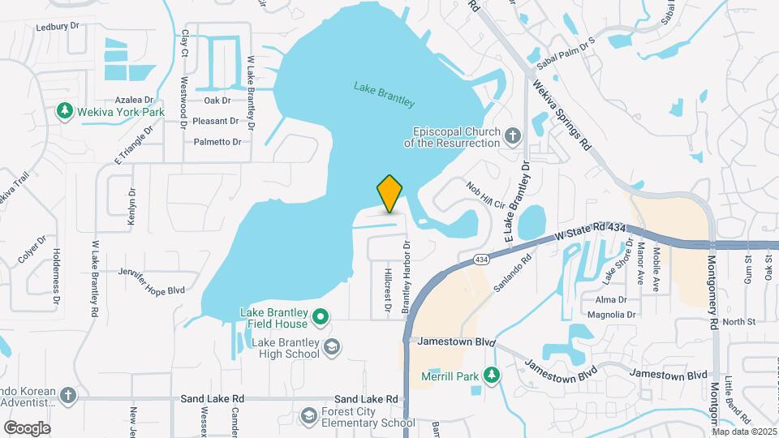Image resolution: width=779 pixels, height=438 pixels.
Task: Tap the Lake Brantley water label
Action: point(385,94)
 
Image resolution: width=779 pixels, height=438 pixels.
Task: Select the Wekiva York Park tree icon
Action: point(64,110)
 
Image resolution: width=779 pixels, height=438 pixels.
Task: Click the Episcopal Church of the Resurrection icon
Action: point(512,135)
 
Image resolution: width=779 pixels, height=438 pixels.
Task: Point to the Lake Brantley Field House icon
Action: point(321,316)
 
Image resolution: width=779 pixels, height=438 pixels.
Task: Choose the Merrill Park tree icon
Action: point(491,376)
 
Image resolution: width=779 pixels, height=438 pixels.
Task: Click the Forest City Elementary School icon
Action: point(308,416)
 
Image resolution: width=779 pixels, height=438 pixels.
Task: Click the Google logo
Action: point(27,427)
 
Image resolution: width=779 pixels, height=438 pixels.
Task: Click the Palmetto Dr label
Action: point(217,142)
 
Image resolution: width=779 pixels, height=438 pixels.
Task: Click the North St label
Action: point(738,322)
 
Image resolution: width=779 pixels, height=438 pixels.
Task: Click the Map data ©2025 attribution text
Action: point(745,431)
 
